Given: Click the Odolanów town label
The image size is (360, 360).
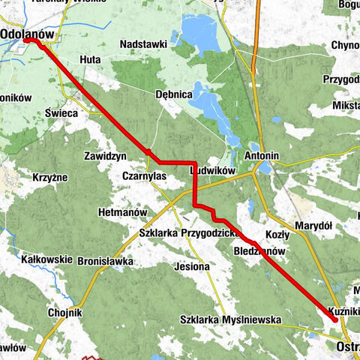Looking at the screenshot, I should (x=29, y=33).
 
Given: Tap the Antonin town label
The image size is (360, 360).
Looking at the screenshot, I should (x=262, y=156).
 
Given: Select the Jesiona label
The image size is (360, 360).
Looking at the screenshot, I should (x=196, y=265).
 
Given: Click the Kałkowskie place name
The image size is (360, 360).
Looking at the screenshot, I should (x=47, y=259).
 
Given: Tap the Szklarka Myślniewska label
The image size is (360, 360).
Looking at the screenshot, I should (x=230, y=319).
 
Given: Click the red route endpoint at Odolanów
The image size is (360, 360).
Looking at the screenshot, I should (x=28, y=41).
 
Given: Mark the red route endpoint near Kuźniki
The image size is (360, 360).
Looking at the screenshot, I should (x=334, y=319).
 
